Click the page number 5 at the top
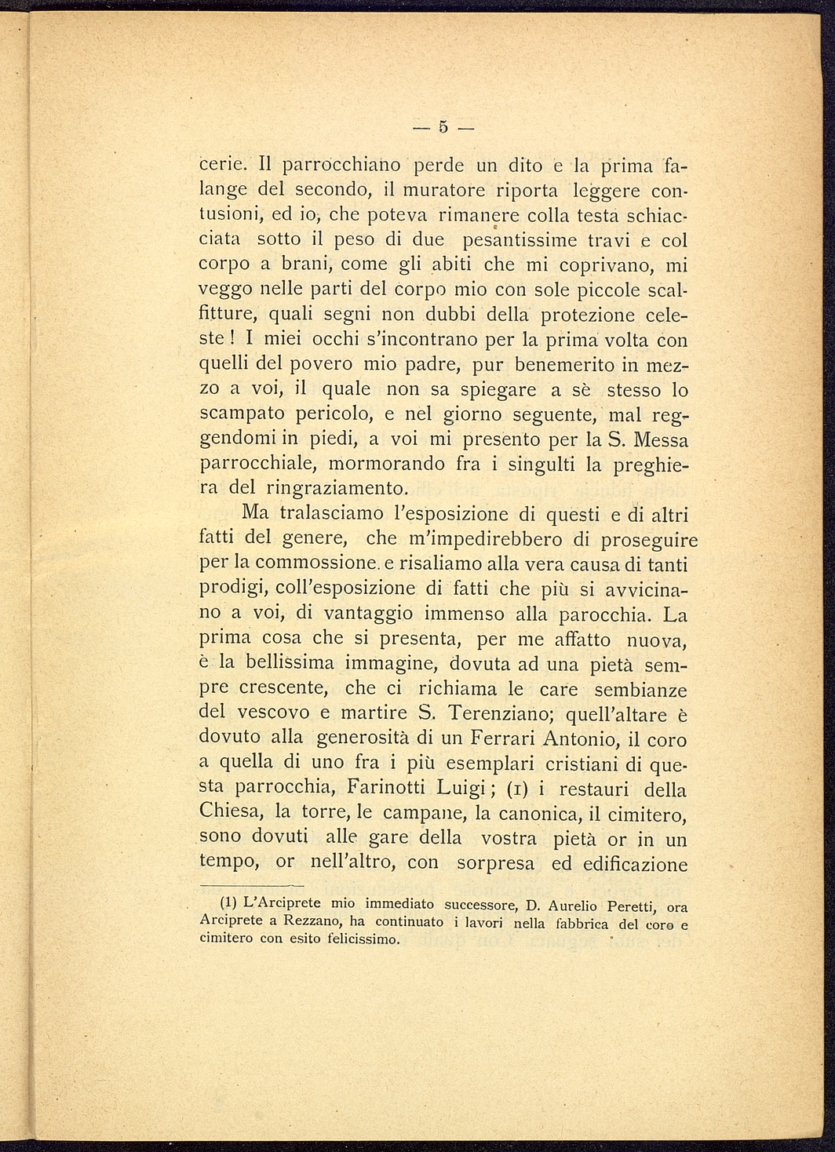coord(443,126)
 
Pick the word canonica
coord(528,814)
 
